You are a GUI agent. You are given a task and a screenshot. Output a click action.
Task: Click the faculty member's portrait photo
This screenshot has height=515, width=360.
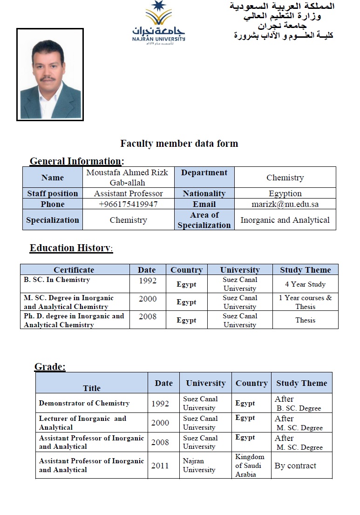[x=50, y=75]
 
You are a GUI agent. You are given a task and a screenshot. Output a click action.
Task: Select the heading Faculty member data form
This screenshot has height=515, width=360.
[x=179, y=144]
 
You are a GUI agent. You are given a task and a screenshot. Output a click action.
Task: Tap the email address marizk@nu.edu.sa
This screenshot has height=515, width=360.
[x=285, y=204]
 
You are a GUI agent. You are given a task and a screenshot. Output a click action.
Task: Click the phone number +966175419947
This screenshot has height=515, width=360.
[x=129, y=204]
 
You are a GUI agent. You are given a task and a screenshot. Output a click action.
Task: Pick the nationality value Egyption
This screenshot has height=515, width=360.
[x=285, y=193]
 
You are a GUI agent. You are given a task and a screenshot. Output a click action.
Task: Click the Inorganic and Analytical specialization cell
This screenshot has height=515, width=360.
[x=285, y=220]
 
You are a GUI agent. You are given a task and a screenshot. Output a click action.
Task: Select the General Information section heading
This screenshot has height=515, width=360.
[x=76, y=161]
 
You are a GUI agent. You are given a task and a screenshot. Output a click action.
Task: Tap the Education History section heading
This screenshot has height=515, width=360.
[x=71, y=248]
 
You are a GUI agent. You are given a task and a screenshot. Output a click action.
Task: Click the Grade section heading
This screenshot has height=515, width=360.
[x=50, y=367]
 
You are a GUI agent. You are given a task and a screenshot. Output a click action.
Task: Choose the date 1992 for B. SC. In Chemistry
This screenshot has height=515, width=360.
[x=148, y=281]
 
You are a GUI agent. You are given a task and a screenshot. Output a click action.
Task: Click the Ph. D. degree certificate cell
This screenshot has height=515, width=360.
[x=74, y=320]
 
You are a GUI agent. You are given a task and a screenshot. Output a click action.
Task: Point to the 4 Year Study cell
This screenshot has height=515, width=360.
[x=305, y=284]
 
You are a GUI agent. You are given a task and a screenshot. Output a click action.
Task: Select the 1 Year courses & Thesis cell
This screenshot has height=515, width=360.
[x=305, y=302]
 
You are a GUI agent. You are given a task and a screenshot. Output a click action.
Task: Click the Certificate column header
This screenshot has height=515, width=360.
[x=74, y=270]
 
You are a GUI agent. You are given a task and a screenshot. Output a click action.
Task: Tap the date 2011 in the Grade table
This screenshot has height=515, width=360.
[x=160, y=465]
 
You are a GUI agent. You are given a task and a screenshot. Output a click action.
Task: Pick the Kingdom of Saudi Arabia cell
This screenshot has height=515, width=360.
[x=251, y=465]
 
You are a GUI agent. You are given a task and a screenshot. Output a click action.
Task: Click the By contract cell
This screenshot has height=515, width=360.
[x=295, y=466]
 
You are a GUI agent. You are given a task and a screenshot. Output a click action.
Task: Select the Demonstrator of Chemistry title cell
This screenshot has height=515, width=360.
[x=84, y=403]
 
